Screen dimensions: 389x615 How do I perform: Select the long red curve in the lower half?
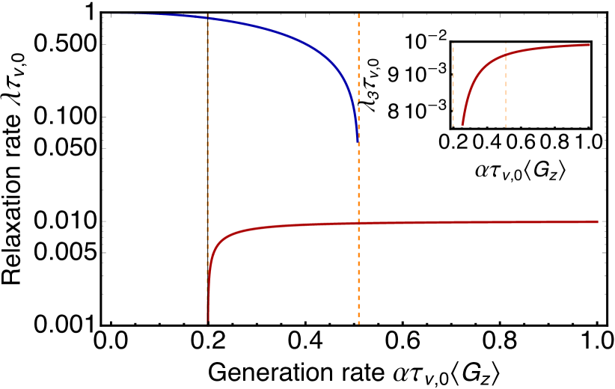coord(449,222)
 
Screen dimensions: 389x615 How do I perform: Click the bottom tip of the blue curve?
coord(358,142)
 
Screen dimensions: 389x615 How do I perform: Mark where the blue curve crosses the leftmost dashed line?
coord(207,18)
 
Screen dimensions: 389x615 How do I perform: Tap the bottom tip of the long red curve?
coord(208,322)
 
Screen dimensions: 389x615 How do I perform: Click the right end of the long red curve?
coord(597,221)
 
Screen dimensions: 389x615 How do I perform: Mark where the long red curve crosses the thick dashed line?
coord(358,223)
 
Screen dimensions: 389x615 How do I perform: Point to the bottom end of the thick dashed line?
coord(358,324)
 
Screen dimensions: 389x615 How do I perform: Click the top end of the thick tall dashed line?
coord(358,14)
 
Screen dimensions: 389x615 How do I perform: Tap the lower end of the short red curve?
coord(462,126)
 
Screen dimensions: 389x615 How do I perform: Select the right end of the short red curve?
coord(590,45)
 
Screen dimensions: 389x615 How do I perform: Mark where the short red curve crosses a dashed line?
coord(506,55)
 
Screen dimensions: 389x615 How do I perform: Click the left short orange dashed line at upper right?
coord(453,82)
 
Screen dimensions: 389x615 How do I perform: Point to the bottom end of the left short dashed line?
coord(453,126)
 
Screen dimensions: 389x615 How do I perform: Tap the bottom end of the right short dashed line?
coord(506,126)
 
